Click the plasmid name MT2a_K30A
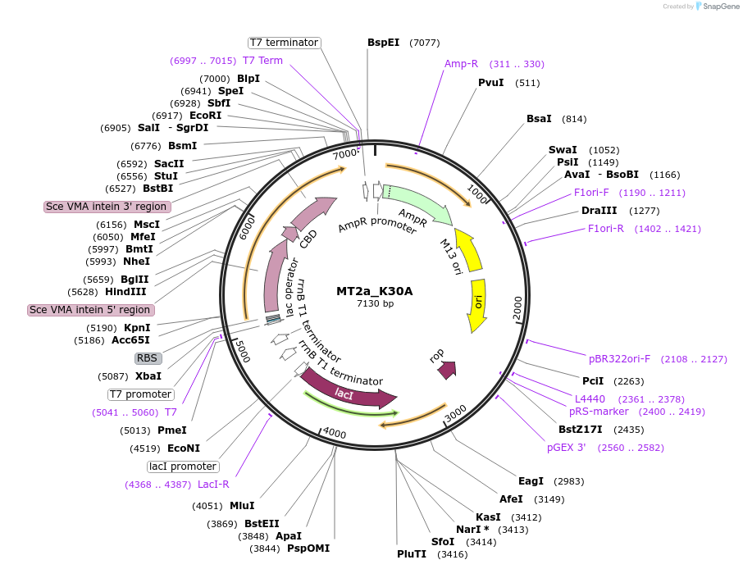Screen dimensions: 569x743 click(374, 291)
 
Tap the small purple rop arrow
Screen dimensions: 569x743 click(447, 370)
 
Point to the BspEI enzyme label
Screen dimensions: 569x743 click(383, 42)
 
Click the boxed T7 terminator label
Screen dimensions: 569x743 click(285, 42)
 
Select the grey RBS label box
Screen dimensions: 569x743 click(148, 358)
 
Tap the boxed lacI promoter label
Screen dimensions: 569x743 click(183, 467)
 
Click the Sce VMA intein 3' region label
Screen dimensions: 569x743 click(107, 207)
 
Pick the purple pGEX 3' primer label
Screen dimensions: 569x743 click(567, 448)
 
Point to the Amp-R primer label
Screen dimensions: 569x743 click(461, 64)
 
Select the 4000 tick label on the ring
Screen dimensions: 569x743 click(335, 432)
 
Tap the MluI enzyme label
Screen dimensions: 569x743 click(242, 506)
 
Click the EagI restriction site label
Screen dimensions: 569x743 click(531, 480)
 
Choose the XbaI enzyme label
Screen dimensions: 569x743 click(148, 376)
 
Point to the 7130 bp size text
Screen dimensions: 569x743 click(375, 304)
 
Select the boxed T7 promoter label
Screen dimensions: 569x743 click(140, 394)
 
